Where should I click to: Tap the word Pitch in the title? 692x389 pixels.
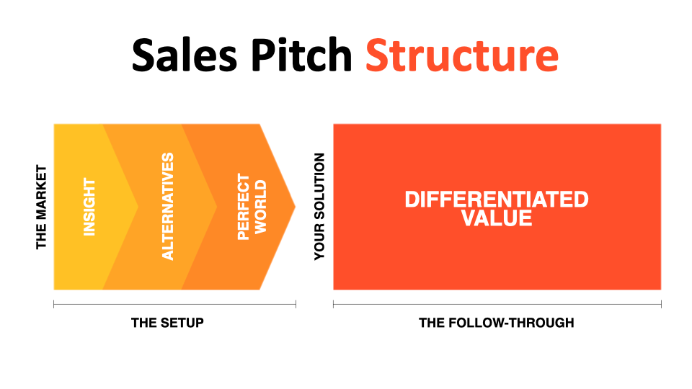tap(303, 55)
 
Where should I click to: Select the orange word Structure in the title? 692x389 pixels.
tap(461, 55)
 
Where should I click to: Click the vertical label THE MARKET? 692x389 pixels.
tap(41, 207)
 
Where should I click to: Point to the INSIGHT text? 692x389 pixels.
tap(89, 207)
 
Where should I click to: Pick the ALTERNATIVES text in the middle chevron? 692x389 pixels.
tap(168, 207)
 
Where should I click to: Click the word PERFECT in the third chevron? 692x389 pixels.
tap(244, 207)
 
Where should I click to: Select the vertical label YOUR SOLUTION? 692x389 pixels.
tap(320, 207)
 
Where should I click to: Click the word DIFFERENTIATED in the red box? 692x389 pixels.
tap(497, 199)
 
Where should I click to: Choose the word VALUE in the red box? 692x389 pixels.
tap(497, 218)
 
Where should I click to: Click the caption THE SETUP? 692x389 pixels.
tap(167, 323)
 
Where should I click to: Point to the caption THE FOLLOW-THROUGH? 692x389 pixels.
tap(497, 323)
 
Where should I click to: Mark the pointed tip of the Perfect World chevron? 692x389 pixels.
tap(294, 207)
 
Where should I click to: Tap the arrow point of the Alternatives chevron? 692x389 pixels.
tap(216, 207)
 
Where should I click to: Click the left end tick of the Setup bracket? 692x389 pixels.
tap(54, 305)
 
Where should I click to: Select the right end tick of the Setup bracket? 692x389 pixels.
tap(296, 305)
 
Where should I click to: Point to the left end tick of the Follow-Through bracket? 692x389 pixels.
tap(333, 305)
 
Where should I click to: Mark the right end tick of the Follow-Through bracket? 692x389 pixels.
tap(661, 305)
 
